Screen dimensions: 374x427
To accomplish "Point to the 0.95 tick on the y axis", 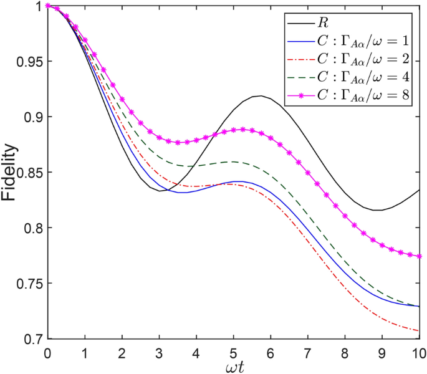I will click(x=29, y=62).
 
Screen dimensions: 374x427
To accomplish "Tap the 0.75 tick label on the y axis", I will click(x=29, y=284).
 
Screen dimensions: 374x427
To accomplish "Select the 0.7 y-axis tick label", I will click(x=32, y=339).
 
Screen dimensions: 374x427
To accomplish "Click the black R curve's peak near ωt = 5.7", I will click(x=259, y=96).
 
